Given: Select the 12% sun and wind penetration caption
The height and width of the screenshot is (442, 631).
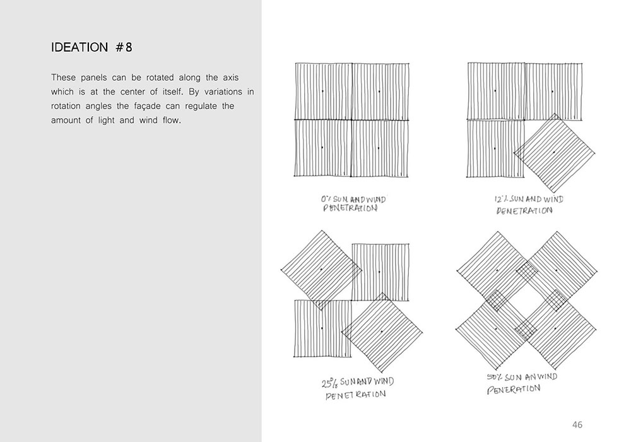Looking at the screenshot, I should pos(528,205).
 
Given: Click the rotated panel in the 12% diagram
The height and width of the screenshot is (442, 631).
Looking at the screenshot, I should pos(554,153).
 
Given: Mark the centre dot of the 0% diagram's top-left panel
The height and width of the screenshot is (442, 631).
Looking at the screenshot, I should pos(322,92).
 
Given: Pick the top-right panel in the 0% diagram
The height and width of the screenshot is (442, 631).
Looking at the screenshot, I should pos(379,92).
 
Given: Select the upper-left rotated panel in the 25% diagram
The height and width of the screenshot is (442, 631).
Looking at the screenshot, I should pos(321,270).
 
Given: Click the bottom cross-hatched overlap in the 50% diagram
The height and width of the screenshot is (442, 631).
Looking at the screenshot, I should pos(526,327).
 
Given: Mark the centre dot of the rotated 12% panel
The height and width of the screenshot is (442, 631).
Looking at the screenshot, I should pos(554,153).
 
